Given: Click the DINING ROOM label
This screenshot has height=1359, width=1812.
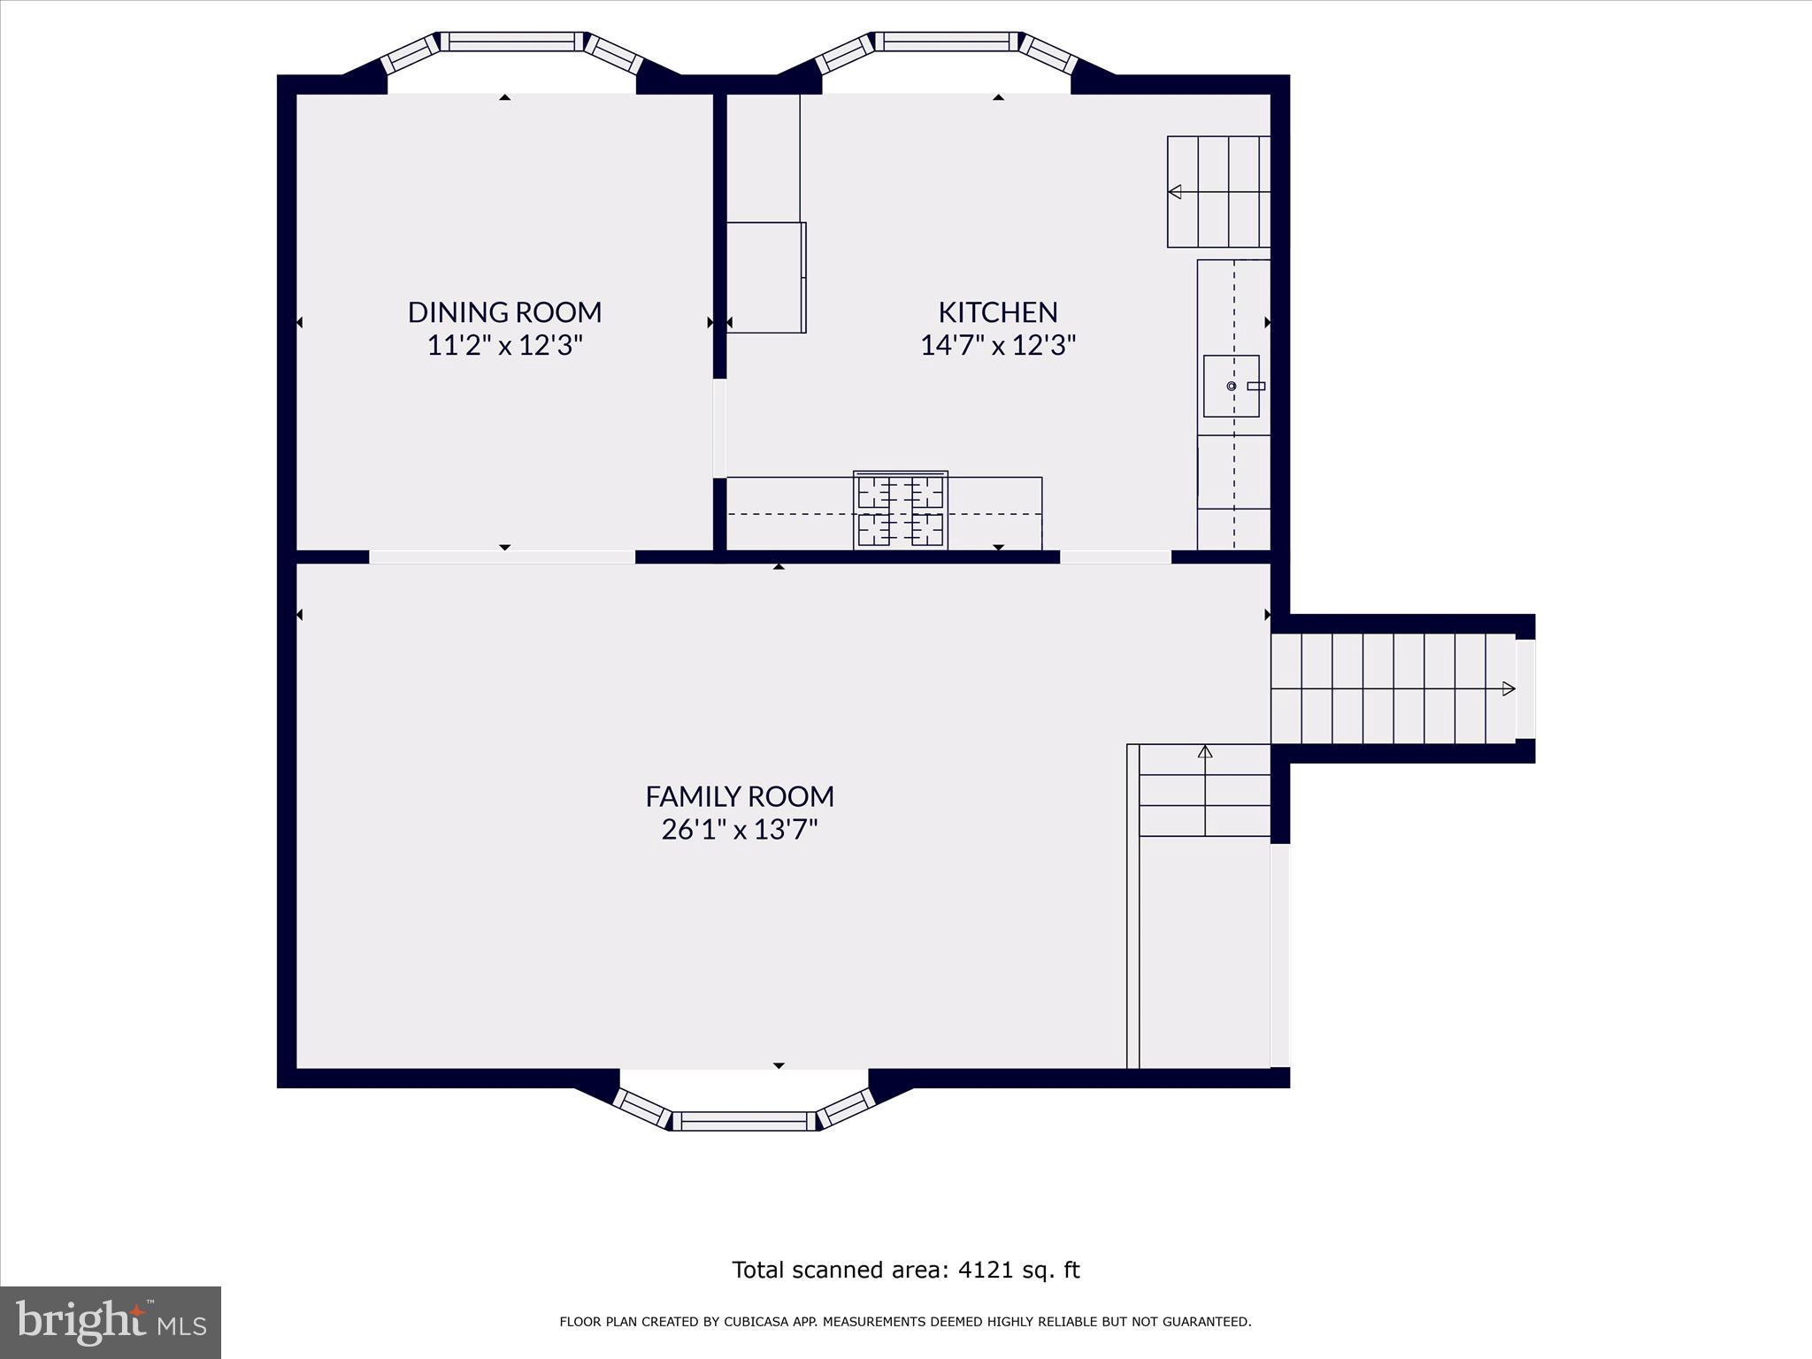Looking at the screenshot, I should (504, 311).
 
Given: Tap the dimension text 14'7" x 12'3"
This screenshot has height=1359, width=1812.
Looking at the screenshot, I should (997, 345).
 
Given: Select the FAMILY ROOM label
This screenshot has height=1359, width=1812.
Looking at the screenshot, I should (739, 796).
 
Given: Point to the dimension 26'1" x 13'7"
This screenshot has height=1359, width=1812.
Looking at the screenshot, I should (739, 830).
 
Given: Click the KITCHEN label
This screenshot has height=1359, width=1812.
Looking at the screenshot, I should (997, 311).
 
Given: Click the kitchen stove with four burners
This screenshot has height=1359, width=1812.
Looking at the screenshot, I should (900, 511).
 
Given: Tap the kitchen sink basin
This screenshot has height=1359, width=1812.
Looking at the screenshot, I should (1230, 386).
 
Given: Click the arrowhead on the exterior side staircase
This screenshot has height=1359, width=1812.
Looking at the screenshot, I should (1508, 689).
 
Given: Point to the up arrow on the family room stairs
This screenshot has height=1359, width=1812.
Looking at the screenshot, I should (1204, 752).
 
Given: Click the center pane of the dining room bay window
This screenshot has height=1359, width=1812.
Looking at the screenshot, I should (512, 41).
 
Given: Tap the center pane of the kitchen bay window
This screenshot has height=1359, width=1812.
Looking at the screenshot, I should (947, 41).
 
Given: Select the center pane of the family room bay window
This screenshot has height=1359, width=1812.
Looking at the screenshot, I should (744, 1121).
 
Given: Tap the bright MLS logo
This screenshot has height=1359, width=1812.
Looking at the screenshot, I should (111, 1322).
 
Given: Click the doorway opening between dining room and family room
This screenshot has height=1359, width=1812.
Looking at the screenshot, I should (502, 557).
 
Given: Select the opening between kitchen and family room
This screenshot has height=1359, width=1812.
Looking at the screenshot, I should (1115, 557).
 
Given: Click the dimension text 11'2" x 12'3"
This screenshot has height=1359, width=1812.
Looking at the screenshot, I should (504, 345).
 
